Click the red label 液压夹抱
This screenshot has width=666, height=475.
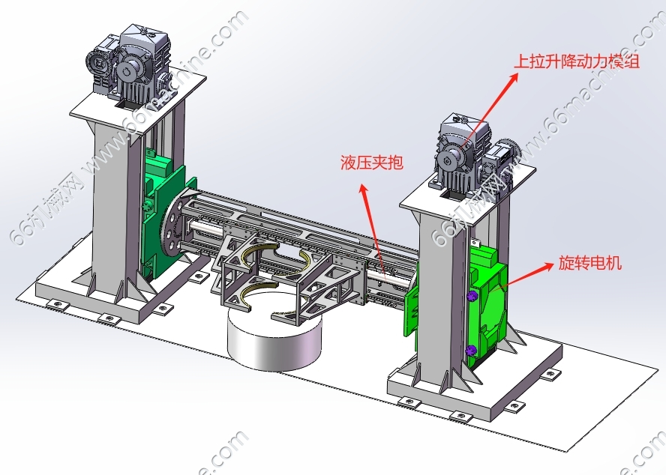coord(372,162)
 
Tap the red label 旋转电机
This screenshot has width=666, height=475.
coord(590,263)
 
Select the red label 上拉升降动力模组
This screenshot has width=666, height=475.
coord(577,61)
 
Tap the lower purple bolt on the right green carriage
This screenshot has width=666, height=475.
coord(470,350)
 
